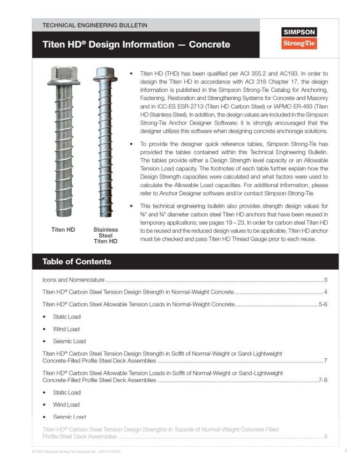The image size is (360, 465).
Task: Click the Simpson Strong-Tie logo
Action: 299,38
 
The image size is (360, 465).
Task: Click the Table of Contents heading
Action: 77,261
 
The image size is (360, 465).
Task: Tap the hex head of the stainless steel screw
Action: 105,74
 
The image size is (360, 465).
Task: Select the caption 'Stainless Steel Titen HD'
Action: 105,236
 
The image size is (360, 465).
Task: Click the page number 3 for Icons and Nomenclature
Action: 325,280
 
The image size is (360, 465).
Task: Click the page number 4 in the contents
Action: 325,292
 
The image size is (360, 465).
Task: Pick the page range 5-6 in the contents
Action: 322,304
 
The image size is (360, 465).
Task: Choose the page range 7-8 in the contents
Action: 322,380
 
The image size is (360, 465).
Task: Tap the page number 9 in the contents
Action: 325,437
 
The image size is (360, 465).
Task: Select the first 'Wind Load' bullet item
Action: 66,329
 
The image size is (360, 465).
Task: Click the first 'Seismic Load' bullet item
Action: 69,341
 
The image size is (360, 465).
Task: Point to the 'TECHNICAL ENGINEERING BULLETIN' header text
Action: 95,25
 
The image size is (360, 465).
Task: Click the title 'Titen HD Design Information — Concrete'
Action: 136,45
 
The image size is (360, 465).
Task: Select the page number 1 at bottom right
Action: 345,451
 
